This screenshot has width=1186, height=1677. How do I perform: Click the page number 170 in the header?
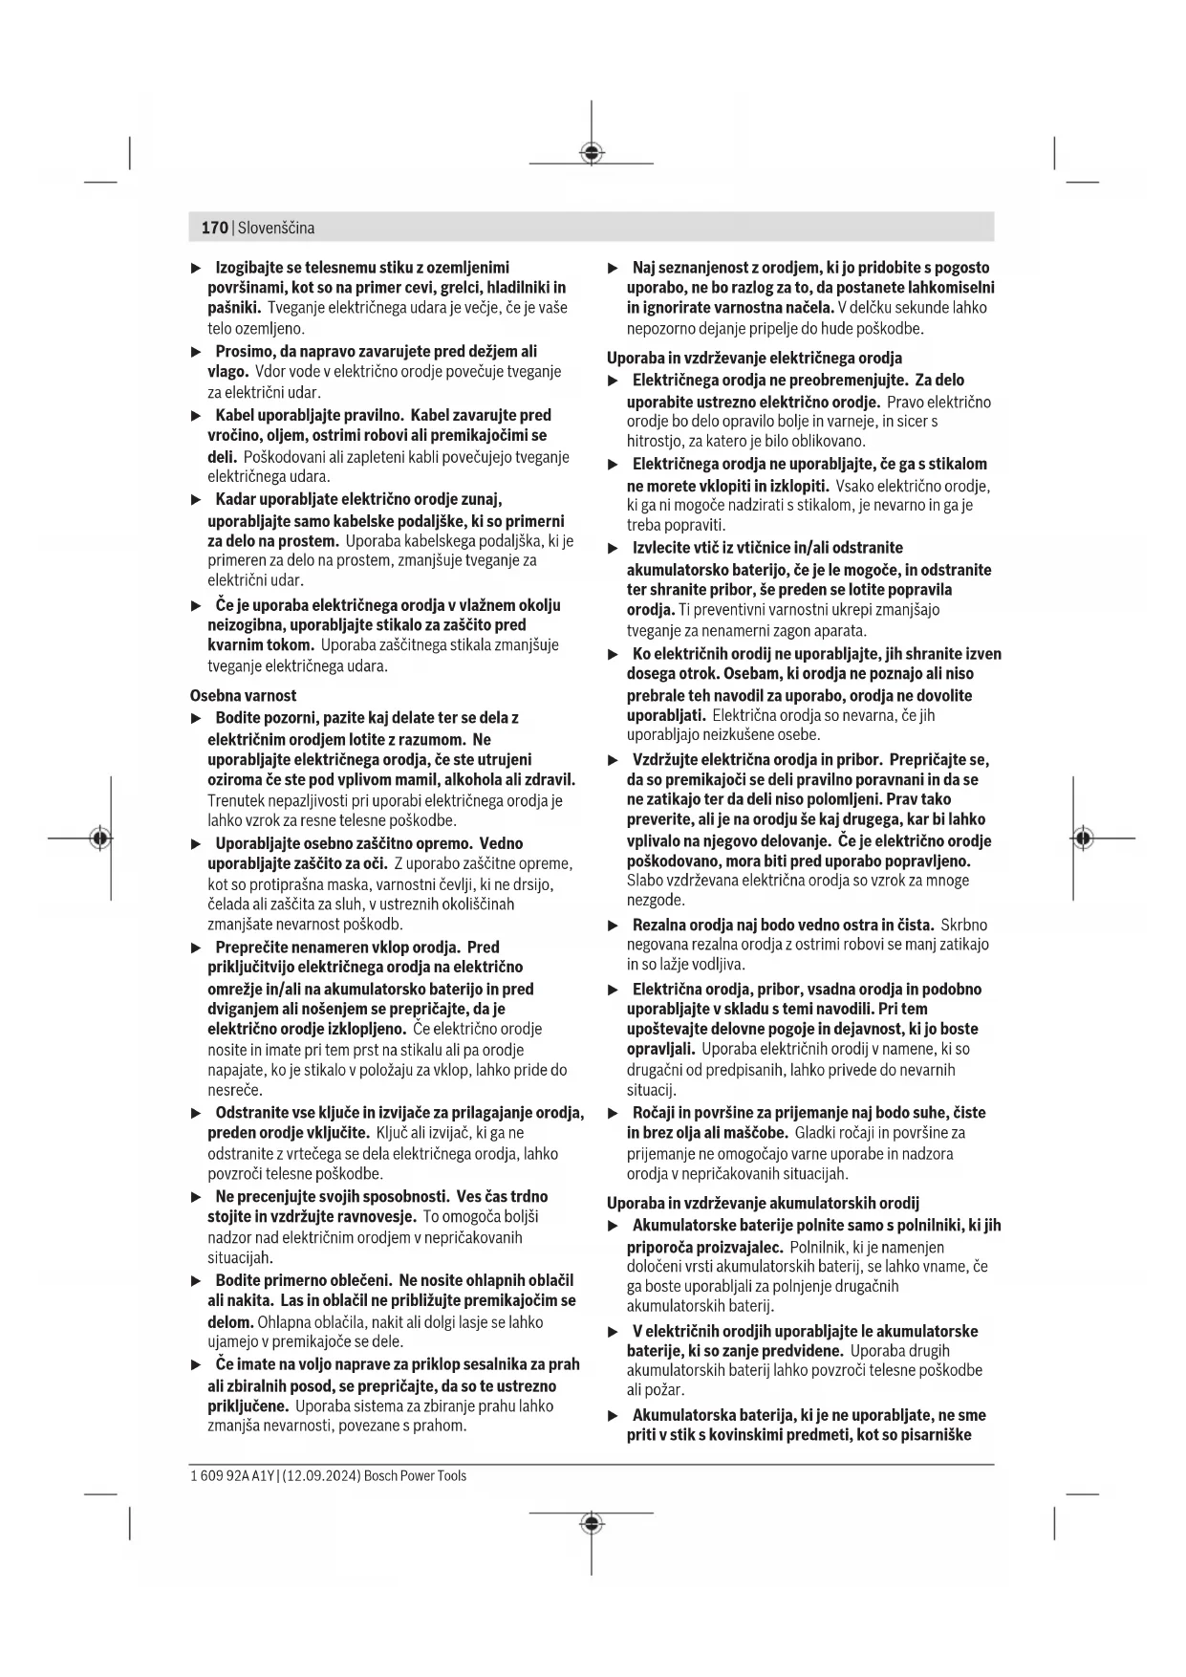point(214,228)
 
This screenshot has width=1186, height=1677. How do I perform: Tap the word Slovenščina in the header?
point(276,228)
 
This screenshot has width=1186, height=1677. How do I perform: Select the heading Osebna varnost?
point(243,695)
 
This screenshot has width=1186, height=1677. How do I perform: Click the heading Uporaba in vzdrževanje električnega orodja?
point(754,358)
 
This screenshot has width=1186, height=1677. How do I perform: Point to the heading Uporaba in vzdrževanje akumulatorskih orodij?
point(763,1203)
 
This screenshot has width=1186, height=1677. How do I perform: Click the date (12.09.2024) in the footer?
point(321,1475)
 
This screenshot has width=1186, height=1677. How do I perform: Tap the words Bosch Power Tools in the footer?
point(415,1475)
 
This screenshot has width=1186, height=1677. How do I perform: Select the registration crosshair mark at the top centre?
point(592,152)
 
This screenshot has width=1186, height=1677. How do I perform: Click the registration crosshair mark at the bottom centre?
point(592,1522)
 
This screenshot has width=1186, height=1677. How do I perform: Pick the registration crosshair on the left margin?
point(99,838)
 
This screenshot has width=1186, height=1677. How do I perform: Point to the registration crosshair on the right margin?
point(1083,838)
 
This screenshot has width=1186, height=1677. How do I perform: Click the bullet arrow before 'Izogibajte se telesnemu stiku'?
point(197,268)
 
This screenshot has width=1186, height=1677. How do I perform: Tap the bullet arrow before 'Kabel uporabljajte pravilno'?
point(197,415)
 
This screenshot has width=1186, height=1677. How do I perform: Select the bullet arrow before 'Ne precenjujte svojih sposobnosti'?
point(197,1196)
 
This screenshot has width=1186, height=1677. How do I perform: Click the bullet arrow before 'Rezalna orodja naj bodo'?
point(614,925)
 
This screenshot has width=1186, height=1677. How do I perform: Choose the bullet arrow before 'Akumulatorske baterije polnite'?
point(614,1225)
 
